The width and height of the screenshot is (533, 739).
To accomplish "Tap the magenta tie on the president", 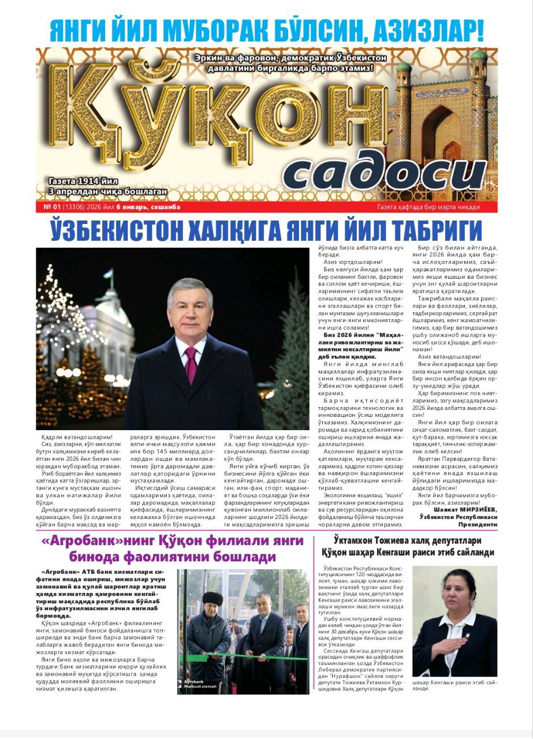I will (191, 364).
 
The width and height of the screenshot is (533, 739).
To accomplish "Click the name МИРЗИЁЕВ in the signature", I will (472, 509).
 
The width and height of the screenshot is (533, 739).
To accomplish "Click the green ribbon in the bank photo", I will (243, 656).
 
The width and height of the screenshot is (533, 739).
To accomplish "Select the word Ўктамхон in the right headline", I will (361, 540).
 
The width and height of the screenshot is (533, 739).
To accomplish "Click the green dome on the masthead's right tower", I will (478, 55).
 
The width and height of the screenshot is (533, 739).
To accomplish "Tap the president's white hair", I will (190, 286).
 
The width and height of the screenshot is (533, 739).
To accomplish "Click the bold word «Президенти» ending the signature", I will (478, 525).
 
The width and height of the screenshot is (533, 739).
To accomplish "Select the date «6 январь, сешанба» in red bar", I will (148, 207).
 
